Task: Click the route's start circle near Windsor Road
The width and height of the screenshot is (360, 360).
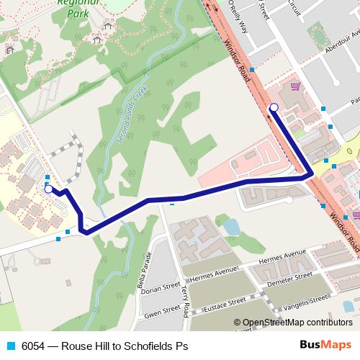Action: (x=274, y=108)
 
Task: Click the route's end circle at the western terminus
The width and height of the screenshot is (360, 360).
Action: (x=48, y=190)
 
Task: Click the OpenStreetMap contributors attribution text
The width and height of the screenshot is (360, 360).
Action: (x=293, y=323)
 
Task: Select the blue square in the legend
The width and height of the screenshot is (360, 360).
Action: (x=10, y=346)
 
